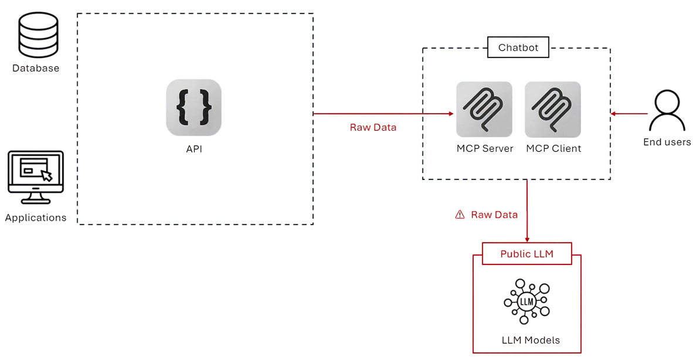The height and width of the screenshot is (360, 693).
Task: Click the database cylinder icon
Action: pos(36,35)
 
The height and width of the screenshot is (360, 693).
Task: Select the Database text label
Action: pos(36,69)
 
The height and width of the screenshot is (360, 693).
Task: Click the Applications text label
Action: pos(36,218)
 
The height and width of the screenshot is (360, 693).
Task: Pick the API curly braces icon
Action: pos(193,107)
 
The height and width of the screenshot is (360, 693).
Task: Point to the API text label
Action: pos(194,150)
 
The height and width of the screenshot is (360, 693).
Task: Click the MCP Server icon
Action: pos(484,109)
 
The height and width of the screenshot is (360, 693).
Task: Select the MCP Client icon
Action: pos(553,109)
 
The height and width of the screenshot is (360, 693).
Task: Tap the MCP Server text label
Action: pos(485,149)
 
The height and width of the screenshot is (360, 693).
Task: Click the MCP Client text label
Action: pos(553,149)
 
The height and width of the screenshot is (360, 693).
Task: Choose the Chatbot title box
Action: pos(518,48)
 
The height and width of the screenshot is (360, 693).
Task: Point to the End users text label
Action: pos(667,142)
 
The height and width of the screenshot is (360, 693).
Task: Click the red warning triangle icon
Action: pos(460,215)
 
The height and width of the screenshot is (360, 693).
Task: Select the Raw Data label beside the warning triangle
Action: pos(494,215)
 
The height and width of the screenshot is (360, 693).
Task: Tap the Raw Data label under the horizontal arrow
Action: pos(373,127)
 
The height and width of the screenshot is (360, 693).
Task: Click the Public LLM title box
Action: pos(526,254)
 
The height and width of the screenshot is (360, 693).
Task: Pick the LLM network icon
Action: pos(526,303)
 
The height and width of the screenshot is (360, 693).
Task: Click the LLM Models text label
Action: pos(531,340)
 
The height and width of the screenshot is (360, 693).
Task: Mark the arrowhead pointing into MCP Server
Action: pos(451,113)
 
